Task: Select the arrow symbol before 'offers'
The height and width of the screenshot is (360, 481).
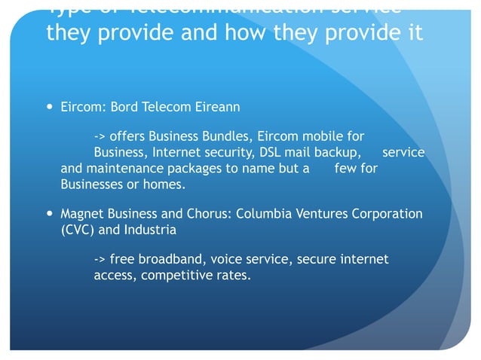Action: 100,137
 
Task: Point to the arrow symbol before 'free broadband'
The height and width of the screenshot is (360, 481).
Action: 100,260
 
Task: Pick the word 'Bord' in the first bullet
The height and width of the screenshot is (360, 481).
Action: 125,107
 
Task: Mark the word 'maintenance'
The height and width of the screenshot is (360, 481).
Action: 122,169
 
